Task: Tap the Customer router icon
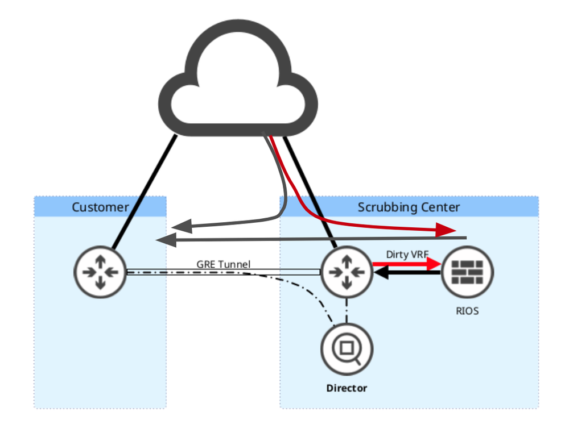pos(100,272)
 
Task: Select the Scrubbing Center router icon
pos(347,272)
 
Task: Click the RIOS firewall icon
pos(467,272)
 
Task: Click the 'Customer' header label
pos(100,207)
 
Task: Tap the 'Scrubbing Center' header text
pos(409,207)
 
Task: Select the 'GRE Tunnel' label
pos(224,264)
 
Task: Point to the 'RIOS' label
pos(467,311)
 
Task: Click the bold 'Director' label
pos(347,388)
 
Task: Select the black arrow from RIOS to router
pos(406,273)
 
